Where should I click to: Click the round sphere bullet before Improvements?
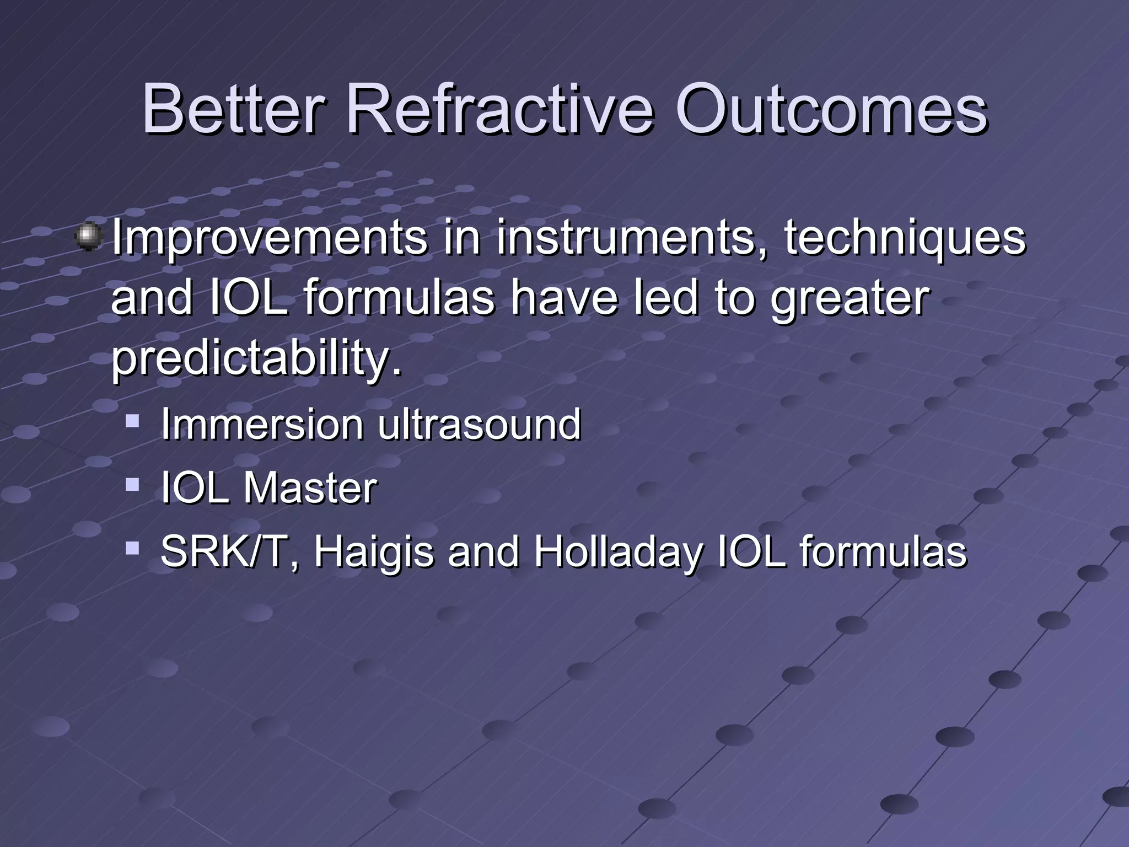point(88,237)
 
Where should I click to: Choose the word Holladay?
point(617,551)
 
